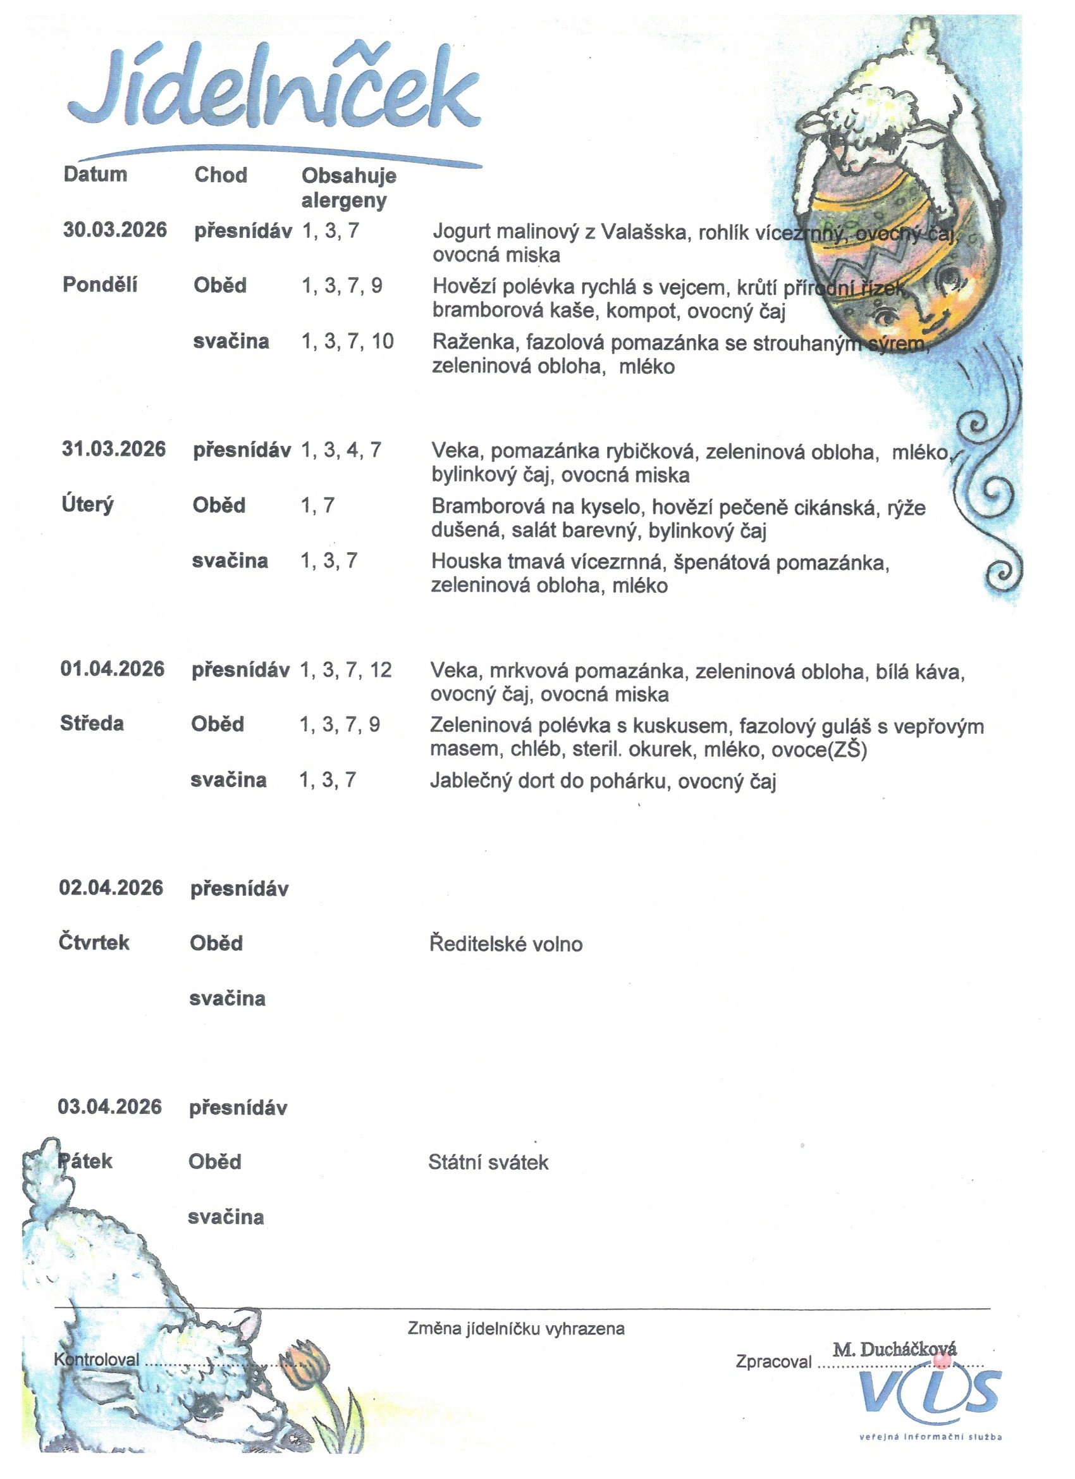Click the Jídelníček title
point(274,88)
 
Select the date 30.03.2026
point(114,230)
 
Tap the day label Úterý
point(87,505)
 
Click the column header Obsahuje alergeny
point(348,188)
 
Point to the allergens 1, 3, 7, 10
point(347,341)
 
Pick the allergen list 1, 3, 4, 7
point(340,449)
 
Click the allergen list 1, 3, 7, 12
point(345,670)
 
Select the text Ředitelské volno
point(505,944)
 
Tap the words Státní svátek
point(488,1161)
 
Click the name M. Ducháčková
point(894,1349)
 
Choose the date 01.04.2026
point(112,669)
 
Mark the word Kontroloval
point(97,1359)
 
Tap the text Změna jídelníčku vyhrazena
point(515,1328)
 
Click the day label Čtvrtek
point(94,943)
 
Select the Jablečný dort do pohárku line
point(603,781)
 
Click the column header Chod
point(220,175)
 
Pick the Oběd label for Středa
point(217,724)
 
